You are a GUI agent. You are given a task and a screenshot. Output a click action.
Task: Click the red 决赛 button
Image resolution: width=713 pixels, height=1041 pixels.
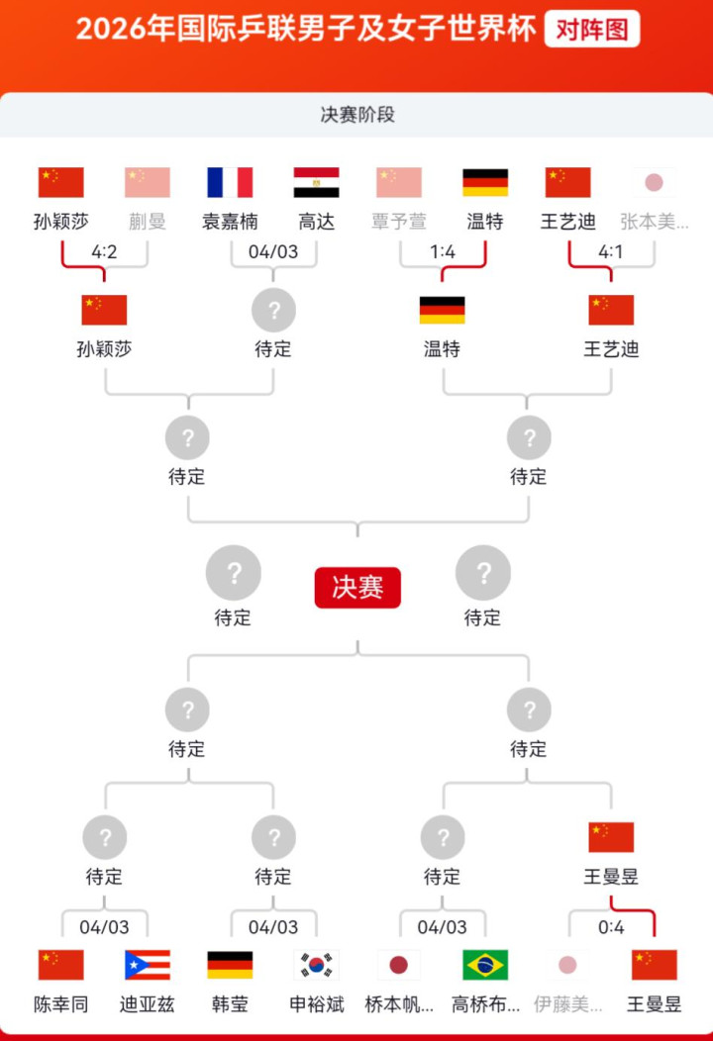pyautogui.click(x=357, y=587)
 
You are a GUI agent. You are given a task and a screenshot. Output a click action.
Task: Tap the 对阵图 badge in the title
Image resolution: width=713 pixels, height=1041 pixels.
pyautogui.click(x=592, y=29)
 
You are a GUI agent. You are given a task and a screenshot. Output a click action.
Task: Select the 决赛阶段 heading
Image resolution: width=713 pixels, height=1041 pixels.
pyautogui.click(x=357, y=115)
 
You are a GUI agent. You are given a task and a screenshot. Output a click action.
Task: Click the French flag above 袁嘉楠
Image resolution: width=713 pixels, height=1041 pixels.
pyautogui.click(x=230, y=182)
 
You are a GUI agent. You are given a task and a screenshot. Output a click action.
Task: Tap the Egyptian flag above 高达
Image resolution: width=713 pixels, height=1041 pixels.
pyautogui.click(x=316, y=182)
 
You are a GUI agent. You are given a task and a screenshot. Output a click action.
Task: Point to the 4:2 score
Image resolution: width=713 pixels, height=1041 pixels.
pyautogui.click(x=104, y=251)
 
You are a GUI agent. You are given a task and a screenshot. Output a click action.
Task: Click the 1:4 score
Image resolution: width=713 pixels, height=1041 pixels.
pyautogui.click(x=443, y=251)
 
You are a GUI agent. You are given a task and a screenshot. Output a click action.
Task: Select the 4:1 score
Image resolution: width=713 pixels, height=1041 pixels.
pyautogui.click(x=611, y=251)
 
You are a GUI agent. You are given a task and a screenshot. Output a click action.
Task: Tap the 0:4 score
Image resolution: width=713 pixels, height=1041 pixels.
pyautogui.click(x=611, y=927)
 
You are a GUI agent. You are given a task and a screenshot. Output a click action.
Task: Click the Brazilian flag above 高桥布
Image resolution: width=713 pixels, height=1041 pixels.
pyautogui.click(x=485, y=965)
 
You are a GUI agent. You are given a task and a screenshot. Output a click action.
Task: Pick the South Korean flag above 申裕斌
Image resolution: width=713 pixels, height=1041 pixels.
pyautogui.click(x=316, y=965)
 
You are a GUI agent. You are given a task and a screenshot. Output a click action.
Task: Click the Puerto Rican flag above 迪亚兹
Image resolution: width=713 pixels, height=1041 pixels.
pyautogui.click(x=148, y=965)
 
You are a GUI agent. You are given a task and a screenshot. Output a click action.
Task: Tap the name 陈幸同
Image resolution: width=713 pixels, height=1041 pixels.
pyautogui.click(x=61, y=1004)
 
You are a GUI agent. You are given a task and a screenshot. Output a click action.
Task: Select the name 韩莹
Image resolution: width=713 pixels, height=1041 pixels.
pyautogui.click(x=230, y=1004)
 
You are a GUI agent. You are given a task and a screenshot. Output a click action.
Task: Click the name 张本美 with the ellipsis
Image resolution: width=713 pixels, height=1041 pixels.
pyautogui.click(x=655, y=222)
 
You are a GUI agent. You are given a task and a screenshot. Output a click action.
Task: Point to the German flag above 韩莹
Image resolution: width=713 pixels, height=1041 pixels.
pyautogui.click(x=230, y=965)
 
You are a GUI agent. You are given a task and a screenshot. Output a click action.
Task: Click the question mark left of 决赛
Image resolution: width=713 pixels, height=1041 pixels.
pyautogui.click(x=234, y=573)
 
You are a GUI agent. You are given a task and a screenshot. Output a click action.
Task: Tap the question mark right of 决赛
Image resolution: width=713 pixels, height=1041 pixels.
pyautogui.click(x=483, y=573)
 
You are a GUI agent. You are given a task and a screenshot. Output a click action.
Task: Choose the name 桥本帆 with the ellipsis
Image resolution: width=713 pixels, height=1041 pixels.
pyautogui.click(x=399, y=1004)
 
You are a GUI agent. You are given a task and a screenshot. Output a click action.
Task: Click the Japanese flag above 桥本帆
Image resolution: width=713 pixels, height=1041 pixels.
pyautogui.click(x=399, y=965)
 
